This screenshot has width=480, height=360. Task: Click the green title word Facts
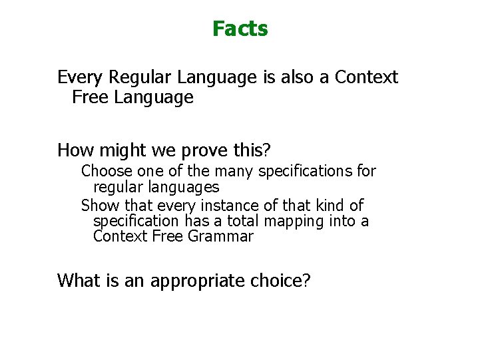pos(240,29)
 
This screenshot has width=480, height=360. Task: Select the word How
pos(73,148)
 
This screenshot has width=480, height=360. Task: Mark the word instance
pos(210,205)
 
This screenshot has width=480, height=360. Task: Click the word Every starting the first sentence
pos(80,77)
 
